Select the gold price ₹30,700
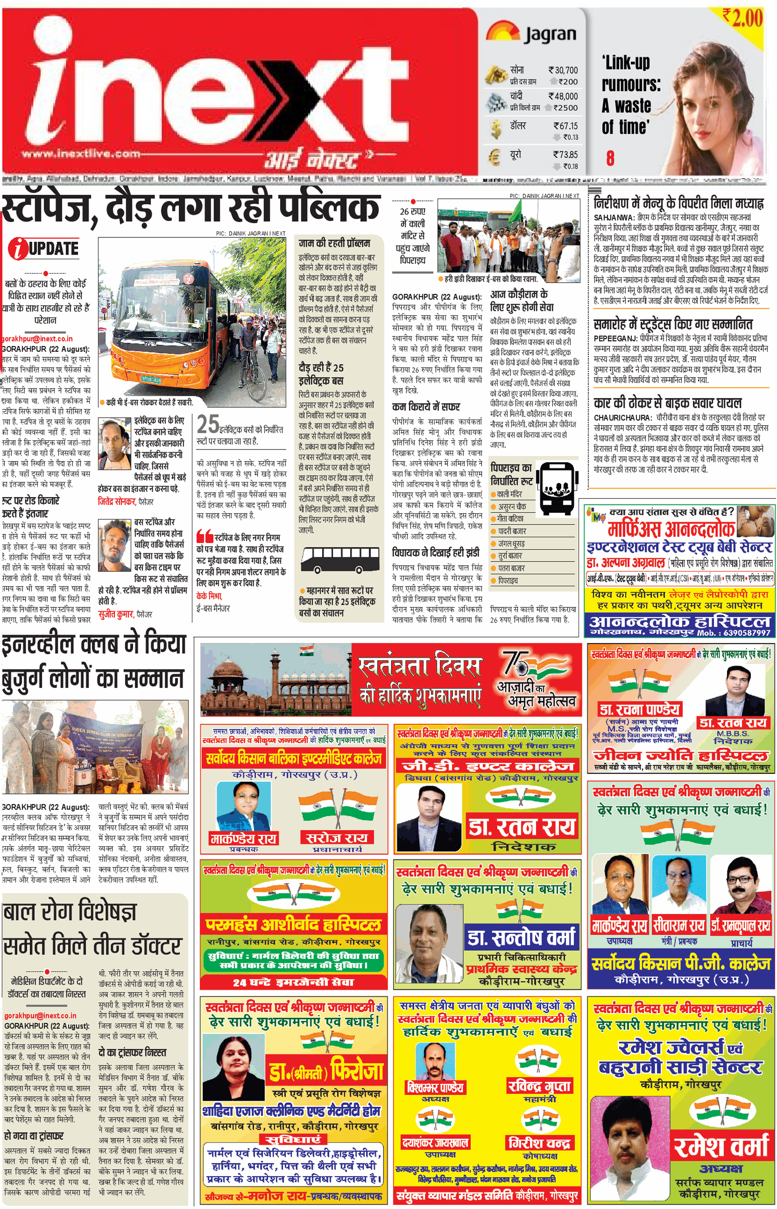[563, 70]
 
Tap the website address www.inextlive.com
[81, 154]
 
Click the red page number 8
[610, 158]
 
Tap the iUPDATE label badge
[44, 249]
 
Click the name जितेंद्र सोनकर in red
[117, 502]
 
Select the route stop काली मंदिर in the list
[509, 494]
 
